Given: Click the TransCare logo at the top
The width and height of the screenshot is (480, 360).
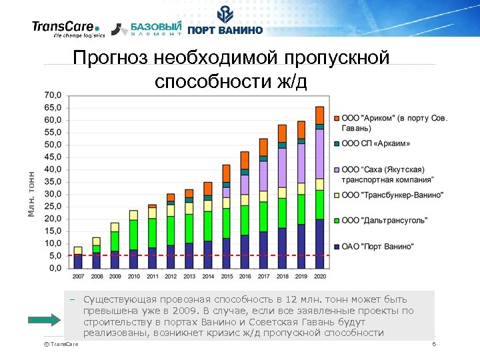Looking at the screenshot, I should coord(66,29).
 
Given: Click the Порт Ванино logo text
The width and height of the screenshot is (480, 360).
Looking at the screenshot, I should coord(225,29).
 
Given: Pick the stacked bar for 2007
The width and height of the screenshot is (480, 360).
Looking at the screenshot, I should coord(78,257).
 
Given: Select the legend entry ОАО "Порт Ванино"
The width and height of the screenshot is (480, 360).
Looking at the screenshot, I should coord(377,246).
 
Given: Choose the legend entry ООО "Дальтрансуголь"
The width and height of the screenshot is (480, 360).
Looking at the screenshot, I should coord(384,220).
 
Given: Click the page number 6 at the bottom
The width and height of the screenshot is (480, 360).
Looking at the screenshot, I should coord(433,344).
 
